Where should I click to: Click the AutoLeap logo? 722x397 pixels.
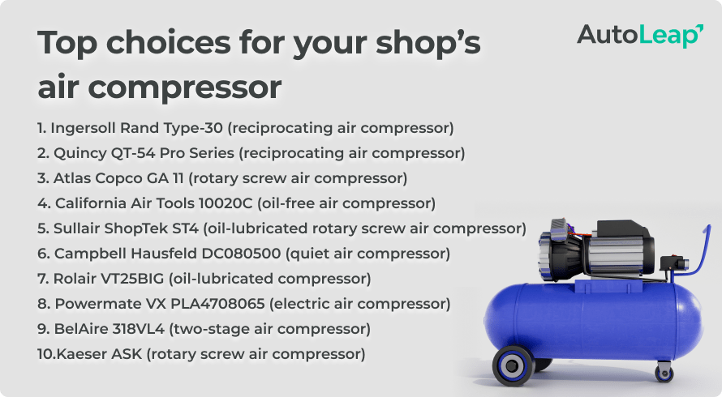[x=639, y=35]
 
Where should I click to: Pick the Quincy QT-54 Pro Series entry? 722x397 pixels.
[x=251, y=153]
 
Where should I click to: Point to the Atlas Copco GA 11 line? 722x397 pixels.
[x=222, y=178]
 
